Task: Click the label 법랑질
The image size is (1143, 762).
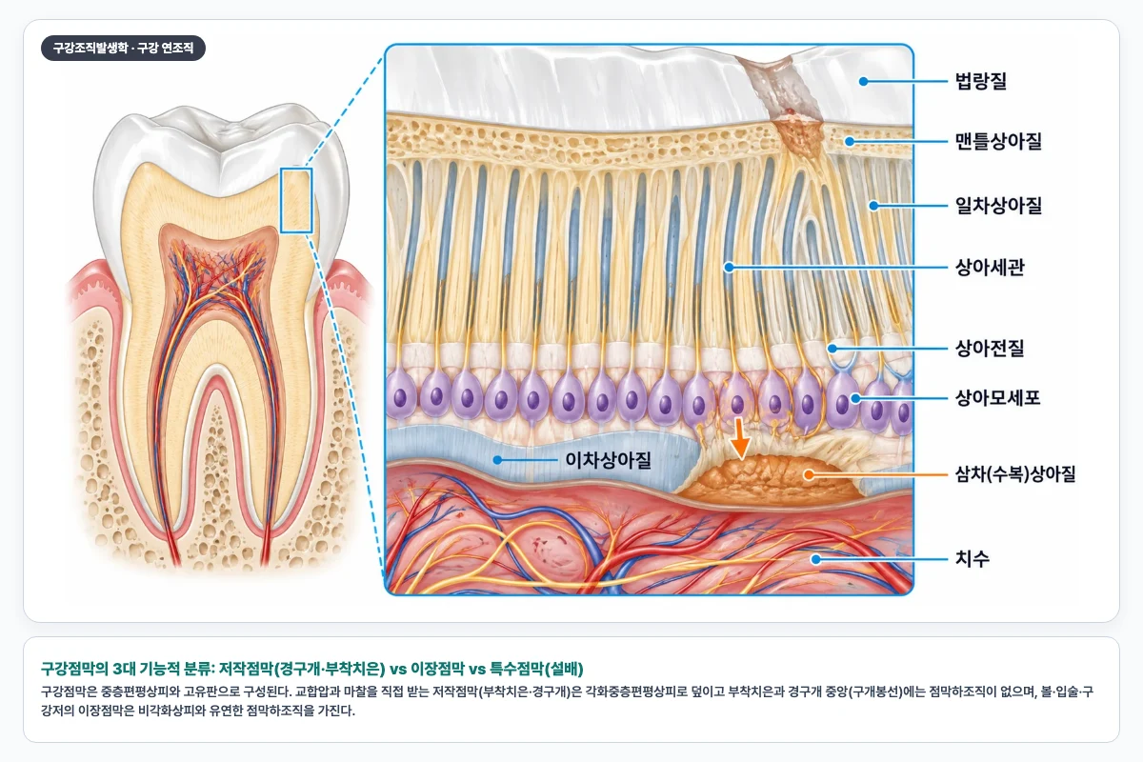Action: (x=981, y=81)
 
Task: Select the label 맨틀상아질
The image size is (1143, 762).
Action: (x=998, y=141)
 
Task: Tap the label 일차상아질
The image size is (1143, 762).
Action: (x=998, y=206)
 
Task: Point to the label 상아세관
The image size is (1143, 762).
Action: (x=990, y=267)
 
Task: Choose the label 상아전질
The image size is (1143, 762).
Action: (x=990, y=349)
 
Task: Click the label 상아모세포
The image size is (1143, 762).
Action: (x=997, y=397)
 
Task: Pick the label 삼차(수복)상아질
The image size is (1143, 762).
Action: (x=1015, y=474)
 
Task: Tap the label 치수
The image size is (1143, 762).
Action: (x=973, y=559)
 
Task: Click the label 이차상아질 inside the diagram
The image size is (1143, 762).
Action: (x=608, y=460)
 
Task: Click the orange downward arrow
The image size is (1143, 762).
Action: (x=739, y=438)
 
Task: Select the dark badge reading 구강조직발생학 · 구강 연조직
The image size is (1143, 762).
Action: (x=123, y=48)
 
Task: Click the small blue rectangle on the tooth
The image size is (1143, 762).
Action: (x=296, y=200)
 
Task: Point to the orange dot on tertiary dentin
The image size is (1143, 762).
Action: (x=809, y=474)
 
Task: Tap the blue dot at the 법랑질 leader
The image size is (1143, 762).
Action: (x=863, y=81)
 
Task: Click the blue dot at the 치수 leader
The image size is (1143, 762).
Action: (x=816, y=559)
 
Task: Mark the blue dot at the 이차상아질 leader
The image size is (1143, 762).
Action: (x=497, y=460)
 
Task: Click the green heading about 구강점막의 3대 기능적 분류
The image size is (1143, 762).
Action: (x=311, y=668)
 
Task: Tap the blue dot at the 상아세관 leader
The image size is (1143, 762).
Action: (x=730, y=267)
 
